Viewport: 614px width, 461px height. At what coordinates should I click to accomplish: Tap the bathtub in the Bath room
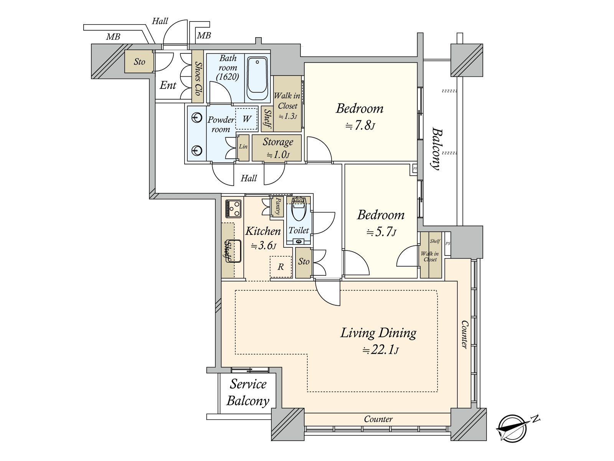[x=257, y=79]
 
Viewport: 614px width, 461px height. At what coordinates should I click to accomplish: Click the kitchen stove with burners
[x=233, y=209]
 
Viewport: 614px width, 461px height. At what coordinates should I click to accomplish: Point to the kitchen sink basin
[x=233, y=251]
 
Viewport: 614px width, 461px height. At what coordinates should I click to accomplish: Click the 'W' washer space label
[x=246, y=119]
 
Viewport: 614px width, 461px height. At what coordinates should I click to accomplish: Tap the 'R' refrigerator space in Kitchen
[x=281, y=267]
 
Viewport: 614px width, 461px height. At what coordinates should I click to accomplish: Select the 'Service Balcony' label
[x=248, y=392]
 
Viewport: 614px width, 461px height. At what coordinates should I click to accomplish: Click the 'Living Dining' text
[x=378, y=333]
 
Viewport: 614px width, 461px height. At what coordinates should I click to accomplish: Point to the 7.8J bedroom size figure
[x=360, y=126]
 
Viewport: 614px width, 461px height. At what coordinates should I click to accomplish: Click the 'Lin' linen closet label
[x=243, y=146]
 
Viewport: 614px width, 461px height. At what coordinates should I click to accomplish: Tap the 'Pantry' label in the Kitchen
[x=277, y=206]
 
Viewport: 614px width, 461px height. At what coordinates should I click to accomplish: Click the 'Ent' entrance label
[x=168, y=85]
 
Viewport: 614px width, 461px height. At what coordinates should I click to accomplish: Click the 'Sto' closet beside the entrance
[x=139, y=61]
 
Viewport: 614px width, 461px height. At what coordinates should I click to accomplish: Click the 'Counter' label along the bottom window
[x=378, y=419]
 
